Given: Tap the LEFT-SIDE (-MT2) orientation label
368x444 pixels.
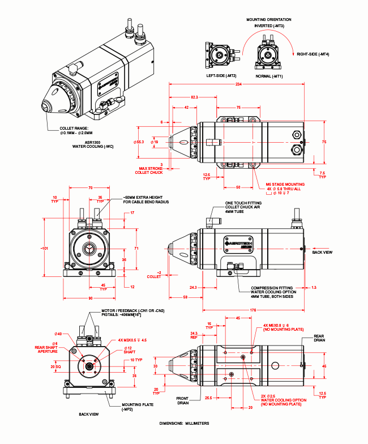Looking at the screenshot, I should [x=221, y=75].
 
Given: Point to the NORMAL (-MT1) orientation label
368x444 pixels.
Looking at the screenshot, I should [x=269, y=75].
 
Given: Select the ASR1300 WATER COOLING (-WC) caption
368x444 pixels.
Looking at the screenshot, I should [x=93, y=143].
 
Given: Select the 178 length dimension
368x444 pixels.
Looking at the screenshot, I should [x=252, y=310].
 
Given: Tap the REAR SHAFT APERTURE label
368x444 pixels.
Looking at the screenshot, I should [x=48, y=349].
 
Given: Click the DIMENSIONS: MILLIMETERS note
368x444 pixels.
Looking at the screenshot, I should [x=184, y=423].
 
